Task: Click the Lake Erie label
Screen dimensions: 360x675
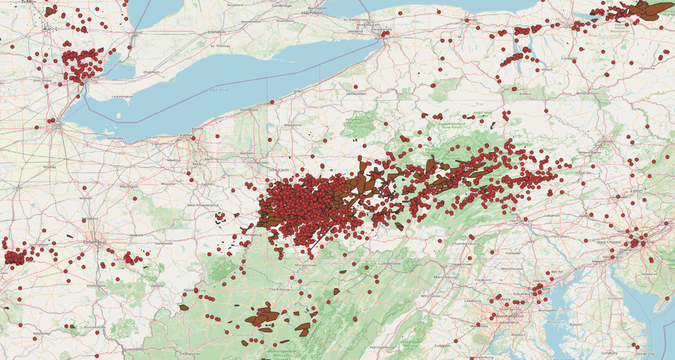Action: pyautogui.click(x=218, y=90)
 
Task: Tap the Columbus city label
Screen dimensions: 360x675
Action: pyautogui.click(x=95, y=242)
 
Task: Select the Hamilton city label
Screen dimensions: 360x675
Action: pyautogui.click(x=312, y=13)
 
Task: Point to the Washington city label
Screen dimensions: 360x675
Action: pyautogui.click(x=509, y=316)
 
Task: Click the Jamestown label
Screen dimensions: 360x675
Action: pyautogui.click(x=356, y=94)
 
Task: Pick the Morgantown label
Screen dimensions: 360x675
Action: pyautogui.click(x=306, y=265)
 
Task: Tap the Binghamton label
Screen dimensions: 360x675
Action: pyautogui.click(x=588, y=94)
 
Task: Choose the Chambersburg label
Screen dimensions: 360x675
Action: pyautogui.click(x=466, y=244)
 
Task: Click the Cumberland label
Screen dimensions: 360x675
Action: pyautogui.click(x=389, y=263)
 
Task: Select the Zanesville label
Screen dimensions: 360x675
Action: pyautogui.click(x=164, y=243)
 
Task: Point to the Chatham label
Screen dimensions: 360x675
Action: pyautogui.click(x=151, y=72)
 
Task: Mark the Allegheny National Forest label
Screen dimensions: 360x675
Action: pyautogui.click(x=354, y=123)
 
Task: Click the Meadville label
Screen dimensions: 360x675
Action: pyautogui.click(x=292, y=125)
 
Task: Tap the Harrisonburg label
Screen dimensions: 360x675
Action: pyautogui.click(x=382, y=347)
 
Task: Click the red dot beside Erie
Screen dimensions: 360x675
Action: pyautogui.click(x=272, y=102)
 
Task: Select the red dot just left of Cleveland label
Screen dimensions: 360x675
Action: pyautogui.click(x=193, y=138)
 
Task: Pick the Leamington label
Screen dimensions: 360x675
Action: pyautogui.click(x=122, y=97)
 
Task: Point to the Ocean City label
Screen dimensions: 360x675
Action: pyautogui.click(x=645, y=354)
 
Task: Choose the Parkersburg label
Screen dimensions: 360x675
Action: pyautogui.click(x=194, y=290)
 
